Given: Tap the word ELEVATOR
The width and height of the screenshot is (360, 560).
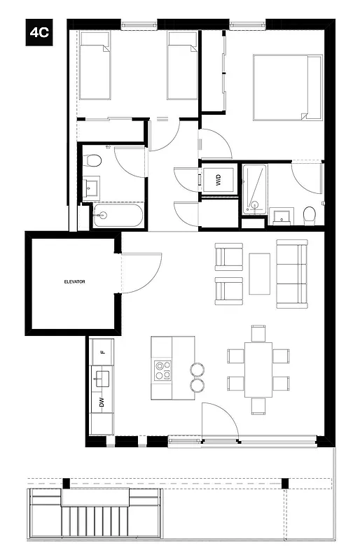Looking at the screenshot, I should (x=74, y=281).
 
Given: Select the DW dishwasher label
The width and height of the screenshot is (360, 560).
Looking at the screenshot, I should (x=102, y=402).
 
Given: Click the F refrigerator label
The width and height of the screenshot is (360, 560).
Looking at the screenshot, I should (x=102, y=351).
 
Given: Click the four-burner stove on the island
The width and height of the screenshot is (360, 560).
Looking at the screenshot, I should (x=163, y=370).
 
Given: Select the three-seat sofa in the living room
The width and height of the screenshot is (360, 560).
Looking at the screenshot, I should (x=292, y=274).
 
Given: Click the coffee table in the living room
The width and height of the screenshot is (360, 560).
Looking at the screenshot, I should (x=259, y=273).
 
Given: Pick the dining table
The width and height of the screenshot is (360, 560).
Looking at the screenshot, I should (x=258, y=370).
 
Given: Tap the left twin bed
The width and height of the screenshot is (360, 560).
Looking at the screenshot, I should (x=94, y=65).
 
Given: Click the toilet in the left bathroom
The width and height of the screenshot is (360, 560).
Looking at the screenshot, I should (x=92, y=161).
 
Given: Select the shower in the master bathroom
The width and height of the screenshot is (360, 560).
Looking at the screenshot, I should (x=254, y=188).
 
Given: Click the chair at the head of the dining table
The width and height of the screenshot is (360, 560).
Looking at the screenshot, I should (x=258, y=332).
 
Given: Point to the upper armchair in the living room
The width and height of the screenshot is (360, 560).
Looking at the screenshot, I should (x=228, y=256).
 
